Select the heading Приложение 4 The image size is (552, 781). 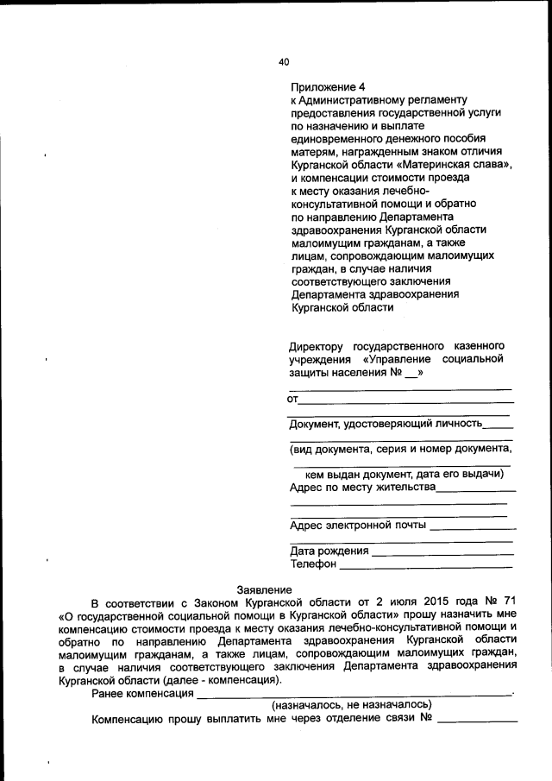[x=328, y=87]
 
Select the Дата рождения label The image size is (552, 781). [x=329, y=551]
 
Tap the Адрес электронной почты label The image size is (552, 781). [x=358, y=525]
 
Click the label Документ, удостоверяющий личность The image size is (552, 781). [x=385, y=423]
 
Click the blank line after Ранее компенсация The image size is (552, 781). [x=354, y=693]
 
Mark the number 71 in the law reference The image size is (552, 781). [x=509, y=601]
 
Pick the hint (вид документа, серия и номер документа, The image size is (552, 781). [x=401, y=448]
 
